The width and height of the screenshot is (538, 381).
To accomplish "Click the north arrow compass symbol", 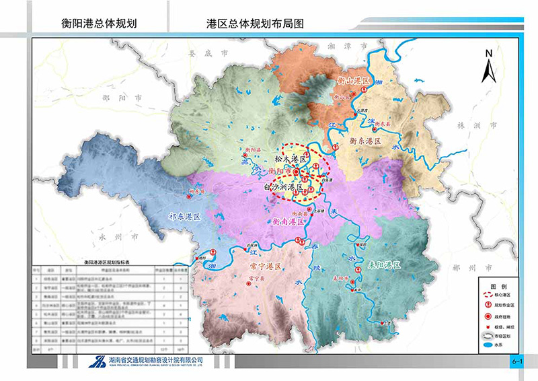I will pos(490,65).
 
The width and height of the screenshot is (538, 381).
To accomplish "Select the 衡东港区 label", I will pos(365,142).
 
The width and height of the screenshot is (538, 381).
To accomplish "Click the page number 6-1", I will pos(517,362).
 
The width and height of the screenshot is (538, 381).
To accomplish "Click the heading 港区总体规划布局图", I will pos(256,23).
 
